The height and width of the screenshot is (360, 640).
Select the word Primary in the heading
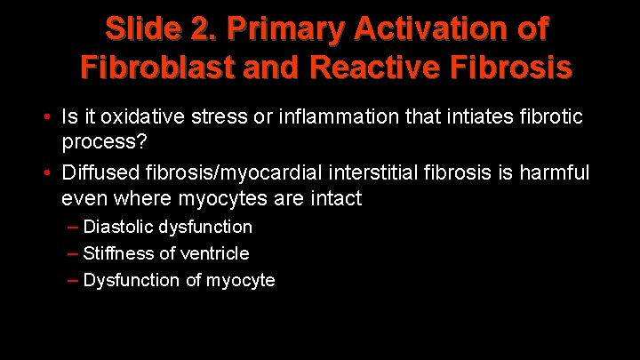(278, 30)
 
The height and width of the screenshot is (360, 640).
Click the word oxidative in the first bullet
(140, 116)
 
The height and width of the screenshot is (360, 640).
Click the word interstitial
(392, 172)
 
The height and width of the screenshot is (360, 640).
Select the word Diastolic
(119, 227)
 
